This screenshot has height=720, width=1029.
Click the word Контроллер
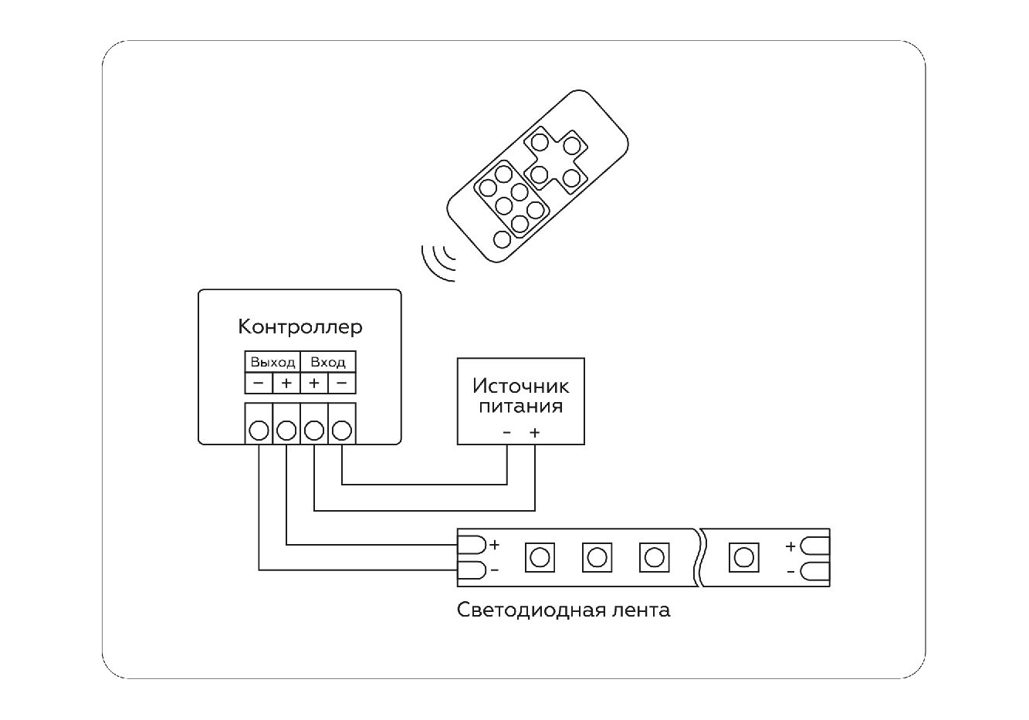(300, 326)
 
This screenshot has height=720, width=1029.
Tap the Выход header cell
(272, 362)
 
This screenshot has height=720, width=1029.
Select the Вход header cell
(328, 362)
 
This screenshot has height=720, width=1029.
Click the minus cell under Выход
(259, 383)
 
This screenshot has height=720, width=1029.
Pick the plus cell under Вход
(314, 383)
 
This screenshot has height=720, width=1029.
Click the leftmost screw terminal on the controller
(259, 430)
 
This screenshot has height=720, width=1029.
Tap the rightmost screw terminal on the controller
(342, 430)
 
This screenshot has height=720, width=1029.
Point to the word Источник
(521, 385)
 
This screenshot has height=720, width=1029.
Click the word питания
(521, 406)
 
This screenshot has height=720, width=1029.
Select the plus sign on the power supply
(535, 433)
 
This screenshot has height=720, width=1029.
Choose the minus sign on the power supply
(507, 433)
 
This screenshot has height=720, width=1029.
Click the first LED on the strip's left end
(540, 557)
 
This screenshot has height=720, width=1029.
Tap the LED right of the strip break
(744, 557)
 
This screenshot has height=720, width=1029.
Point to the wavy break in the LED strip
(701, 557)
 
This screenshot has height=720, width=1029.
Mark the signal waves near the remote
(438, 259)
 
